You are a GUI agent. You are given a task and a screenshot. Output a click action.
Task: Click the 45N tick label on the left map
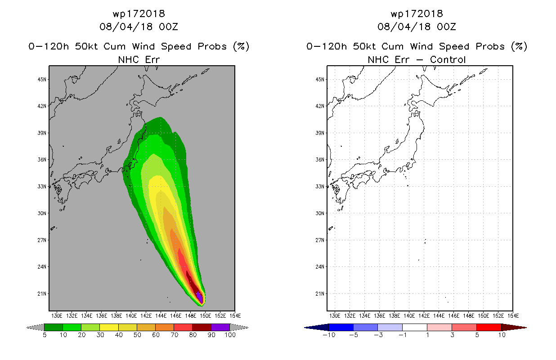[x=42, y=80]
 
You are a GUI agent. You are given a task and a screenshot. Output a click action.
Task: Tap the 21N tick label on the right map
[x=320, y=294]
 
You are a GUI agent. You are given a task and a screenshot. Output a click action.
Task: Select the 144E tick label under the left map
[x=161, y=316]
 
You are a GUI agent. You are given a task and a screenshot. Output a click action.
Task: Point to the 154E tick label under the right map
[x=513, y=316]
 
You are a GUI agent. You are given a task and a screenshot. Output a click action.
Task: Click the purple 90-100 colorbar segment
[x=220, y=327]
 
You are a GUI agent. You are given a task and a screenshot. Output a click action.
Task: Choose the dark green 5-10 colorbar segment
[x=54, y=327]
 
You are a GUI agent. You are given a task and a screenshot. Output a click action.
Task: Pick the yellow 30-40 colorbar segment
[x=109, y=327]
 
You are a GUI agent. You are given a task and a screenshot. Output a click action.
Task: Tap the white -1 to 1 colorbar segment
[x=415, y=327]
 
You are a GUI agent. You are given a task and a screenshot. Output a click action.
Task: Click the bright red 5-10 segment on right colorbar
[x=489, y=327]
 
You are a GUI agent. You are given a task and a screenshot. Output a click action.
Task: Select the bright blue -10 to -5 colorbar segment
[x=341, y=327]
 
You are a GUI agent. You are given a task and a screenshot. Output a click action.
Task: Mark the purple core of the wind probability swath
[x=200, y=297]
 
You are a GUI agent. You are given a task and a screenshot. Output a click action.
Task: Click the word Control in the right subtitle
[x=448, y=59]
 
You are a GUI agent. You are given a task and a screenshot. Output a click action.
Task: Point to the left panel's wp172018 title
[x=139, y=13]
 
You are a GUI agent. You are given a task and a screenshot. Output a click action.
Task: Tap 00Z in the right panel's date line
[x=446, y=27]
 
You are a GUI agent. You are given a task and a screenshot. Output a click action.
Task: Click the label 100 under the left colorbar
[x=230, y=335]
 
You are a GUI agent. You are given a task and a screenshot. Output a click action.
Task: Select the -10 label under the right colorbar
[x=329, y=335]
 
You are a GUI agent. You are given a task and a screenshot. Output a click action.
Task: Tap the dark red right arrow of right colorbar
[x=514, y=328]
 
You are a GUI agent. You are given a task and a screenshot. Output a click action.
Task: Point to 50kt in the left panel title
[x=86, y=46]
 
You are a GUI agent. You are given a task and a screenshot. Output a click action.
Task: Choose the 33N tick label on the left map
[x=42, y=186]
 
